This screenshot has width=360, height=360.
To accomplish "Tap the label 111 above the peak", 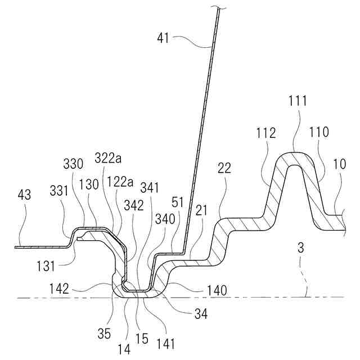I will pyautogui.click(x=298, y=101).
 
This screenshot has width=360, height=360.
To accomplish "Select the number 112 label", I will pyautogui.click(x=265, y=133).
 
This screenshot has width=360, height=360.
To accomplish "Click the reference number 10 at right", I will pyautogui.click(x=340, y=164).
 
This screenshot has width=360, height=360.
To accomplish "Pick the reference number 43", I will pyautogui.click(x=24, y=195).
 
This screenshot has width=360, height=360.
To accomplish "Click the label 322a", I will pyautogui.click(x=108, y=158).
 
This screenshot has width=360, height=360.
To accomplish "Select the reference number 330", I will pyautogui.click(x=74, y=164).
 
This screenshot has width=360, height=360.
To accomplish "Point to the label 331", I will pyautogui.click(x=60, y=191).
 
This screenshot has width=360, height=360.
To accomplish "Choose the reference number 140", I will pyautogui.click(x=217, y=290).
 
